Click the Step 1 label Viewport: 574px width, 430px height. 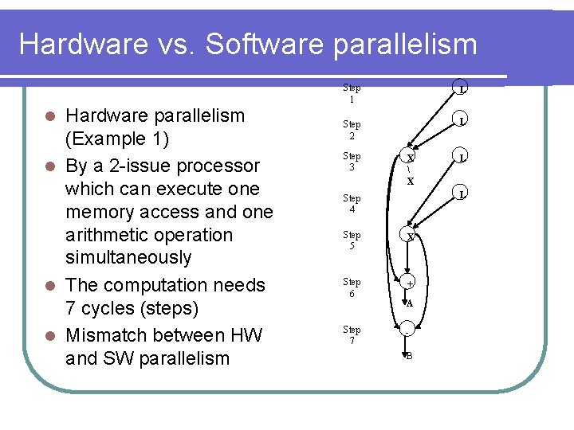coord(352,93)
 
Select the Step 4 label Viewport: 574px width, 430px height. coord(352,204)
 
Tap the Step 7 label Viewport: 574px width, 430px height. coord(352,335)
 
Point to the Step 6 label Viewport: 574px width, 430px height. coord(352,287)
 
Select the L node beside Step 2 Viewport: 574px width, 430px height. coord(462,121)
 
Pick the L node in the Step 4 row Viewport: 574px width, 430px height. coord(462,193)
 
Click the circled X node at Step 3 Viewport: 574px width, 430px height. coord(410,157)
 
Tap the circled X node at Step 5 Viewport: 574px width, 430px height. coord(410,236)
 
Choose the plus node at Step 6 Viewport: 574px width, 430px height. coord(410,284)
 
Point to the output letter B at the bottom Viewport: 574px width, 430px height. coord(409,356)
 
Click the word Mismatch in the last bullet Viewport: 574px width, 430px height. coord(102,335)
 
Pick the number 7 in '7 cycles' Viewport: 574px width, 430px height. coord(71,308)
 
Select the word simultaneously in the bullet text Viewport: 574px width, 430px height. coord(128,257)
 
